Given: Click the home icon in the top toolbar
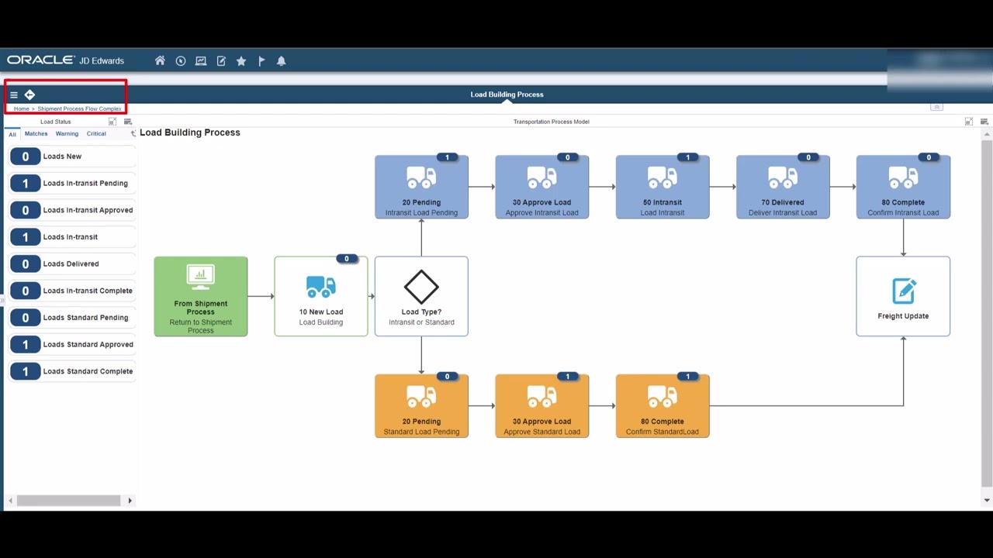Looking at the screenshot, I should point(160,60).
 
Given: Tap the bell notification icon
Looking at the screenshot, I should point(282,60).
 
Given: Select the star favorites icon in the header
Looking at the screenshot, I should point(241,60).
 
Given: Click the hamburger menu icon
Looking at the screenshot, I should point(13,95).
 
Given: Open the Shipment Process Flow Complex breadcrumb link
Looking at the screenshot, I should point(79,108).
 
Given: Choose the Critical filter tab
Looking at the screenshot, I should point(96,133).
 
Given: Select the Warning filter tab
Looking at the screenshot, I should point(67,133).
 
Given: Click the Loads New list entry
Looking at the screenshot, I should point(62,157).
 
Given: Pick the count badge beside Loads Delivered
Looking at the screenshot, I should point(25,263).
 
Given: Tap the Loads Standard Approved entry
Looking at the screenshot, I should point(88,344).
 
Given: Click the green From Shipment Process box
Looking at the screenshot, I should point(201,296).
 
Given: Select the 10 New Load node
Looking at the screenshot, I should point(321,296).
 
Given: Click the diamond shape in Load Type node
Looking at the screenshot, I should point(421,287).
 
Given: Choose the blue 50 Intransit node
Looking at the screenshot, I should point(663,187).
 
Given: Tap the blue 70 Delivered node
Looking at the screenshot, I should point(783,187).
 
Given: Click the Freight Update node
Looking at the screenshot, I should point(903,296).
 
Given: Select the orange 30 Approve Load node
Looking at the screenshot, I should point(542,406).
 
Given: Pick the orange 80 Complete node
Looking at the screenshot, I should point(663,406).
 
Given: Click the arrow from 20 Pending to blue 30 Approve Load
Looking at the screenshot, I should point(482,187).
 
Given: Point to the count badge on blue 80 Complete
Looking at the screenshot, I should point(929,157).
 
